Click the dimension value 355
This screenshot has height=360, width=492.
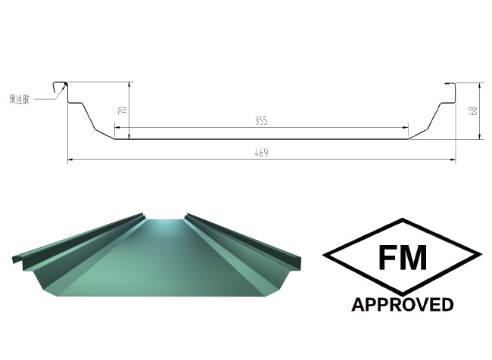pyautogui.click(x=262, y=121)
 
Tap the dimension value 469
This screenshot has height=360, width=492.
pyautogui.click(x=262, y=153)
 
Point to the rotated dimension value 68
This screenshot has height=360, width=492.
pyautogui.click(x=473, y=110)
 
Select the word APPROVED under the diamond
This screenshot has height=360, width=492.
pyautogui.click(x=402, y=305)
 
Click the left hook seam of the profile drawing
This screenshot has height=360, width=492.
pyautogui.click(x=58, y=88)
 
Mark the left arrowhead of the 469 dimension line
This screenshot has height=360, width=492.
pyautogui.click(x=70, y=160)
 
